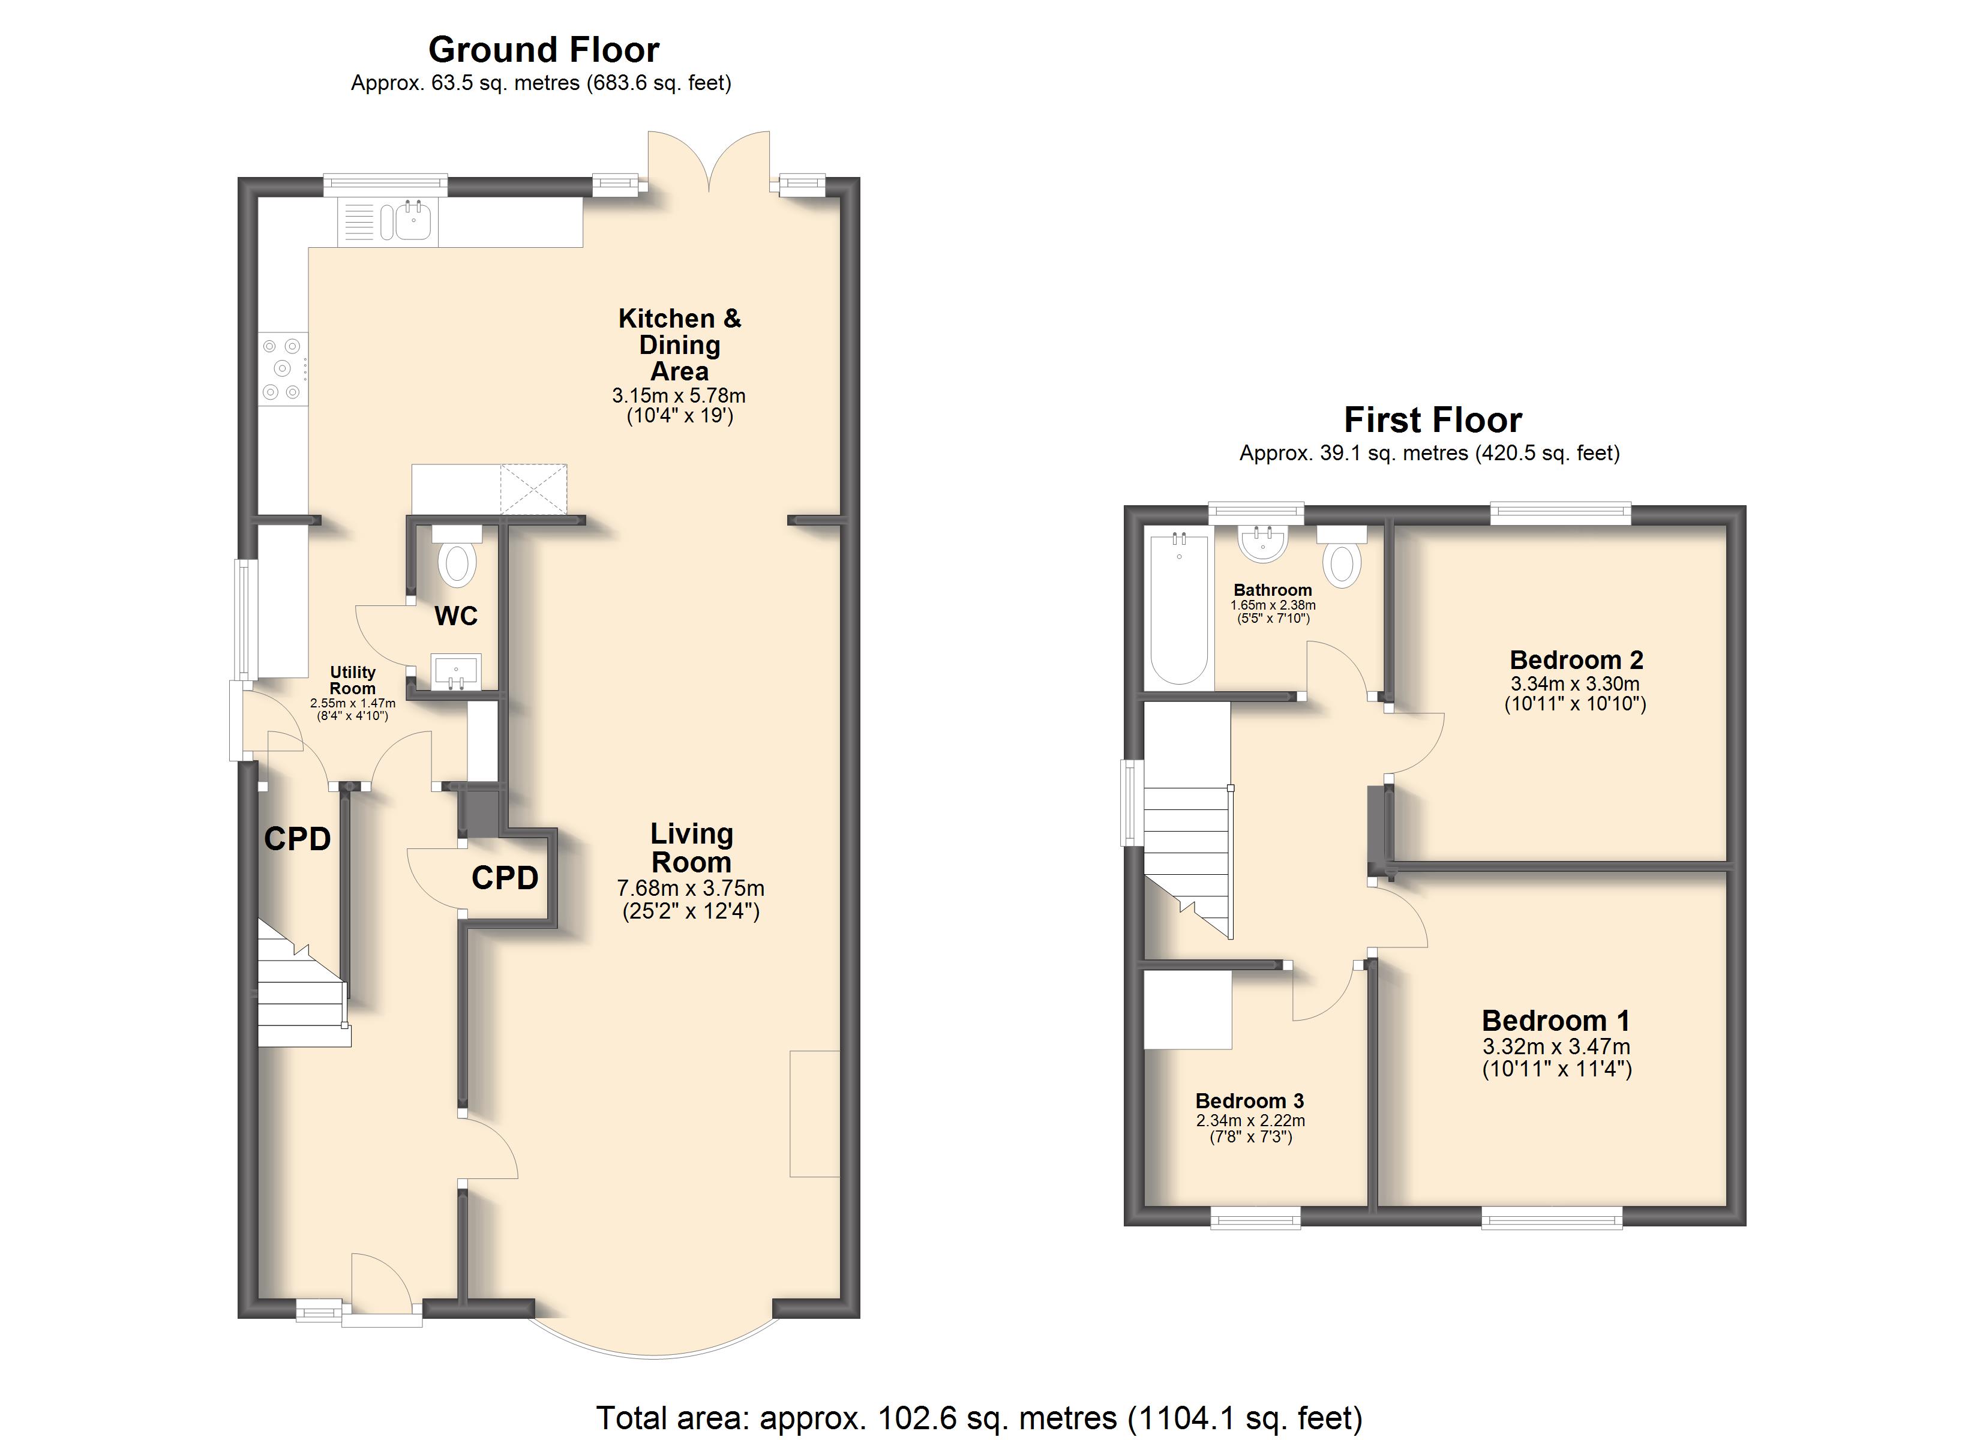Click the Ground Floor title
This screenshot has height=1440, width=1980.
coord(543,50)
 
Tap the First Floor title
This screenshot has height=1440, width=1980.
coord(1433,420)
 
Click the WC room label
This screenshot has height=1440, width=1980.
coord(456,617)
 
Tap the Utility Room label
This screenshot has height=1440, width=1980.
coord(353,680)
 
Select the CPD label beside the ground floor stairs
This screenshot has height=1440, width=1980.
coord(298,839)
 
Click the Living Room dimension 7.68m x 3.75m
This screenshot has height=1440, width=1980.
coord(691,888)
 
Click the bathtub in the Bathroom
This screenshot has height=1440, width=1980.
coord(1180,608)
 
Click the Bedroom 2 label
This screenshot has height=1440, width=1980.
coord(1577,659)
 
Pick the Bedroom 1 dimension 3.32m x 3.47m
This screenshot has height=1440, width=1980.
coord(1556,1046)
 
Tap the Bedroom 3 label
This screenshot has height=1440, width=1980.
coord(1249,1100)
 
